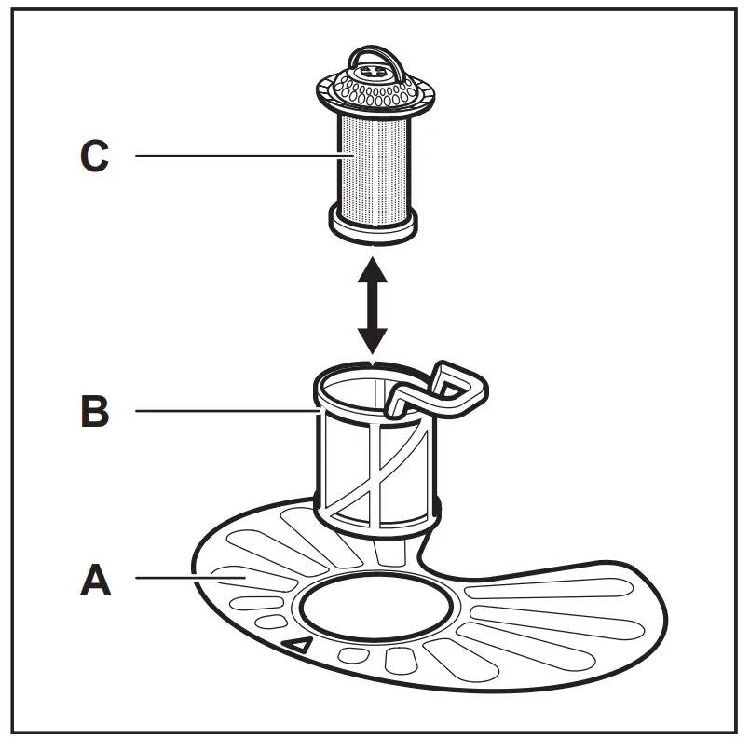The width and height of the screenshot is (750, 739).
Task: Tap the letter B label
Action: pyautogui.click(x=94, y=410)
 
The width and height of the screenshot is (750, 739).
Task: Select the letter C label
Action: pyautogui.click(x=94, y=156)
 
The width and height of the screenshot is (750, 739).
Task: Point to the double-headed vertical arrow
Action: pyautogui.click(x=372, y=305)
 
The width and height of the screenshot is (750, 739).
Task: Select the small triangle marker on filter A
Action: pyautogui.click(x=299, y=644)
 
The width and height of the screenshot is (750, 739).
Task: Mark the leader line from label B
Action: pyautogui.click(x=224, y=410)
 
